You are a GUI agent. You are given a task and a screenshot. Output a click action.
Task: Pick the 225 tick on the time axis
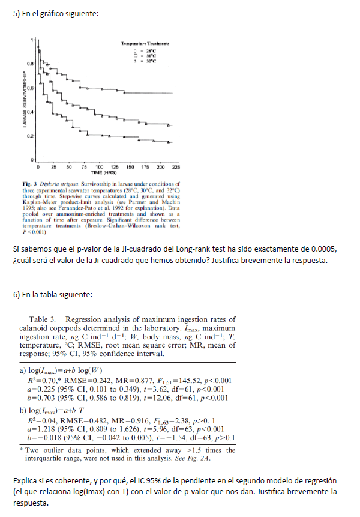[x=172, y=166]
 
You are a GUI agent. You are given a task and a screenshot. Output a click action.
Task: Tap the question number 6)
[x=17, y=294]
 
